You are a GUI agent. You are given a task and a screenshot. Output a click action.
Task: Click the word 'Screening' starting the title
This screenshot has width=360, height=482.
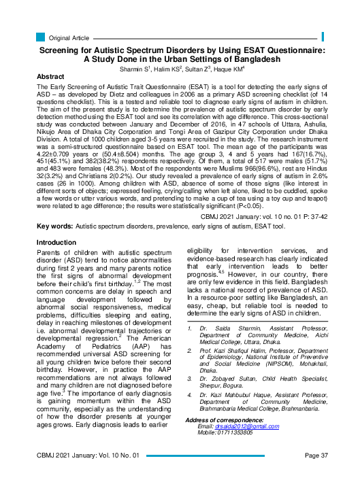click(64, 50)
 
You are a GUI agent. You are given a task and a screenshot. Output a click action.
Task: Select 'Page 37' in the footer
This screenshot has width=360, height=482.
click(316, 474)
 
